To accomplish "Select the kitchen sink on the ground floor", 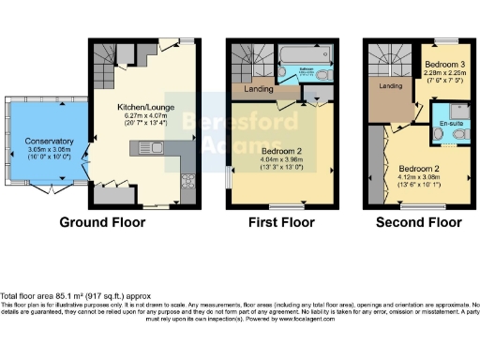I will coord(150,146).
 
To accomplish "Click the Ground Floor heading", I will coord(102,222).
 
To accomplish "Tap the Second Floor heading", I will coord(418,222).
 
